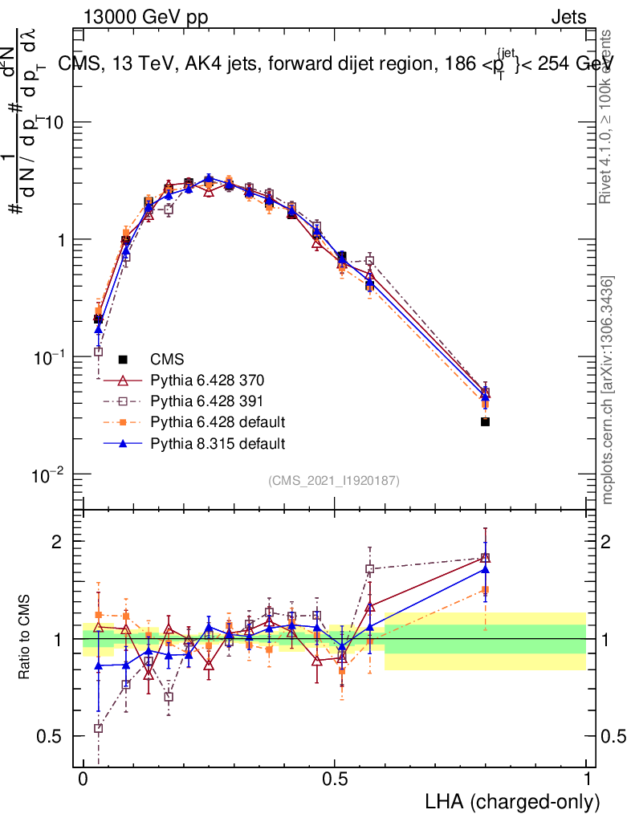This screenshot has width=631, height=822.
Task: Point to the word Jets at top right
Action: click(x=568, y=17)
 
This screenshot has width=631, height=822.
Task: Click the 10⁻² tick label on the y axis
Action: click(x=50, y=474)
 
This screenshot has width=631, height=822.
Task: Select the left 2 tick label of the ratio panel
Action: click(x=58, y=541)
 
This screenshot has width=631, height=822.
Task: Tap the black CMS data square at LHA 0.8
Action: click(x=486, y=421)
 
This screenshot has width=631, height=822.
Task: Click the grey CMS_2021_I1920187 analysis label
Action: click(x=334, y=480)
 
